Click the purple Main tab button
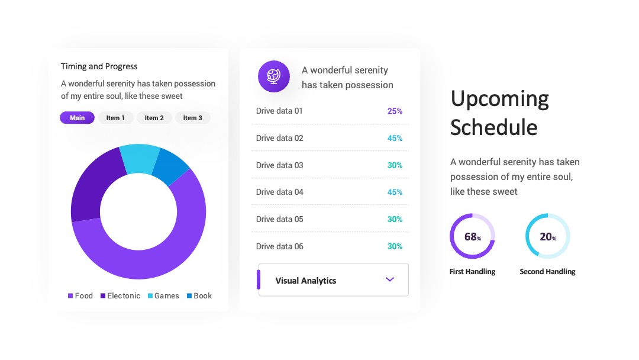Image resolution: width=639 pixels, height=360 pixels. click(x=77, y=118)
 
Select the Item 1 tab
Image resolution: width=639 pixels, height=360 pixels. click(x=115, y=118)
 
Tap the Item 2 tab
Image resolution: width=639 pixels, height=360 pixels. click(x=154, y=118)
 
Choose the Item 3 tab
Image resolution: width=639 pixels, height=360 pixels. click(x=192, y=118)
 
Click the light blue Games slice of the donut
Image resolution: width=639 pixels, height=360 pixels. click(x=138, y=159)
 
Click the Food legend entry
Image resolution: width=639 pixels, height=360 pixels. click(x=80, y=295)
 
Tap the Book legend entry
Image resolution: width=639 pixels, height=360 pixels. click(x=199, y=295)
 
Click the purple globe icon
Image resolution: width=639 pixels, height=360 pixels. click(x=274, y=76)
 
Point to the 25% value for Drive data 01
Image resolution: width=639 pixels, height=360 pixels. click(x=395, y=111)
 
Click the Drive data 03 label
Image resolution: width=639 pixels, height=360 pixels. click(x=279, y=165)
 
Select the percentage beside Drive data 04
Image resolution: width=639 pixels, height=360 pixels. click(x=395, y=192)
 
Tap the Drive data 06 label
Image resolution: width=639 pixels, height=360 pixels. click(x=279, y=246)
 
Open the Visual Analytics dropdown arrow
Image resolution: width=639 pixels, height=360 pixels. click(x=389, y=279)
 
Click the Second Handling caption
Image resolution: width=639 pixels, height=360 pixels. click(x=547, y=272)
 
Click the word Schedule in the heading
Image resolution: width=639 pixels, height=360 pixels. click(x=494, y=128)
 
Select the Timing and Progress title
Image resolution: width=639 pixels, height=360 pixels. click(x=99, y=66)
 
